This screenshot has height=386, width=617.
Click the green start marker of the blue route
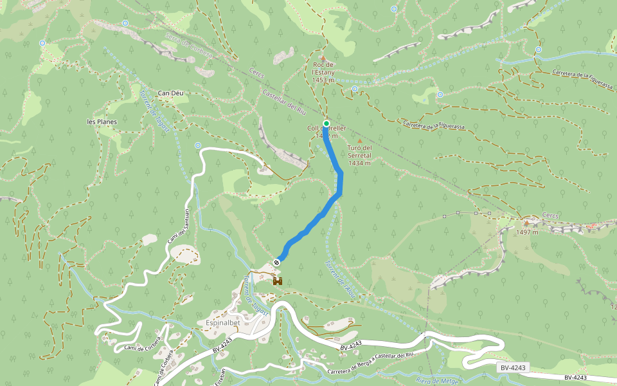[x=326, y=124]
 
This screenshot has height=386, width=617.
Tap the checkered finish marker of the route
[x=276, y=262]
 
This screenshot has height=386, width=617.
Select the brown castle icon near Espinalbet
[x=278, y=281]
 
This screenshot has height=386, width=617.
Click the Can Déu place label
[x=171, y=93]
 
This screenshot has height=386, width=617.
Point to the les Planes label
[x=102, y=121]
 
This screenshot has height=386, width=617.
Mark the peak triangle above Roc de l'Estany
[x=323, y=58]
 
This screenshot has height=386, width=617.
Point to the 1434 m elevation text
[x=360, y=163]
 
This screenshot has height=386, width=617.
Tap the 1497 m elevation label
[x=526, y=232]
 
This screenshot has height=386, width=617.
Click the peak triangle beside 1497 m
[x=526, y=223]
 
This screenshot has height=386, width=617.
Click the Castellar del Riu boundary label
[x=283, y=102]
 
